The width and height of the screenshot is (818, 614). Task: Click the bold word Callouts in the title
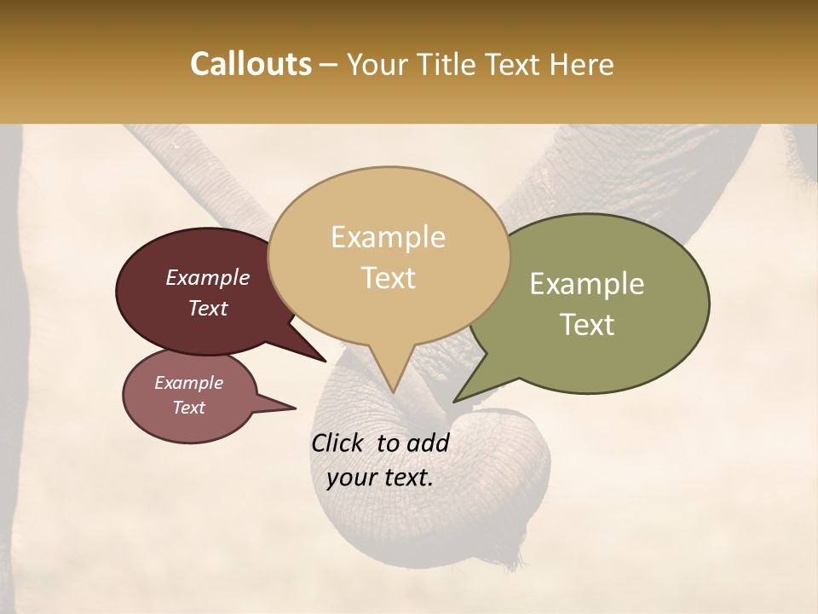[x=251, y=64]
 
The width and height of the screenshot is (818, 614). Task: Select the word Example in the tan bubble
[x=388, y=237]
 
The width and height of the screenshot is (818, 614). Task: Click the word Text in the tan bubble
[x=389, y=278]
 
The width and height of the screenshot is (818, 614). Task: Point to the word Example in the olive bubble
[x=587, y=284]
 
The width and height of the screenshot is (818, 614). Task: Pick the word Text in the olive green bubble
[x=588, y=325]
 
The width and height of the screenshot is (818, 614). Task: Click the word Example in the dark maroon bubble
[x=207, y=277]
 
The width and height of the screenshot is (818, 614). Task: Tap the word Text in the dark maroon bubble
[x=207, y=308]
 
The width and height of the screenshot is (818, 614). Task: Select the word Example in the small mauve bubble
[x=188, y=383]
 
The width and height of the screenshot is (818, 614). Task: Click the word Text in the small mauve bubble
[x=188, y=408]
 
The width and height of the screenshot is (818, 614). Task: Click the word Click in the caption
[x=339, y=443]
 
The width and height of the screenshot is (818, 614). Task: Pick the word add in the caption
[x=427, y=443]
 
